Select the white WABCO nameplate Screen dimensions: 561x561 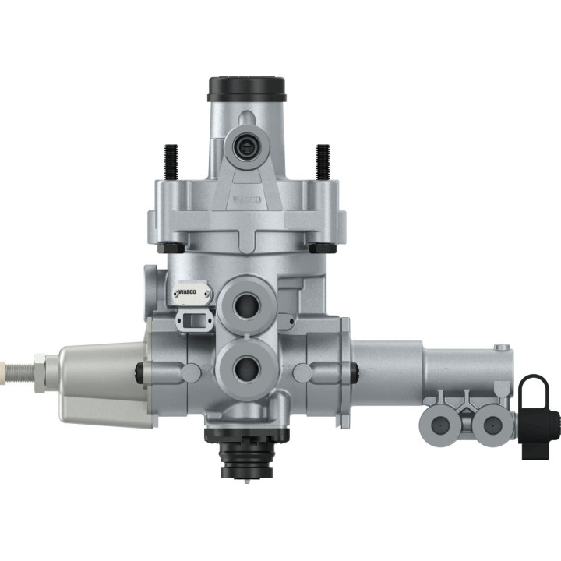[x=192, y=293]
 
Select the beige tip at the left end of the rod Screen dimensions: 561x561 [x=6, y=364]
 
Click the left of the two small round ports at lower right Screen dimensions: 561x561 [x=438, y=424]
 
